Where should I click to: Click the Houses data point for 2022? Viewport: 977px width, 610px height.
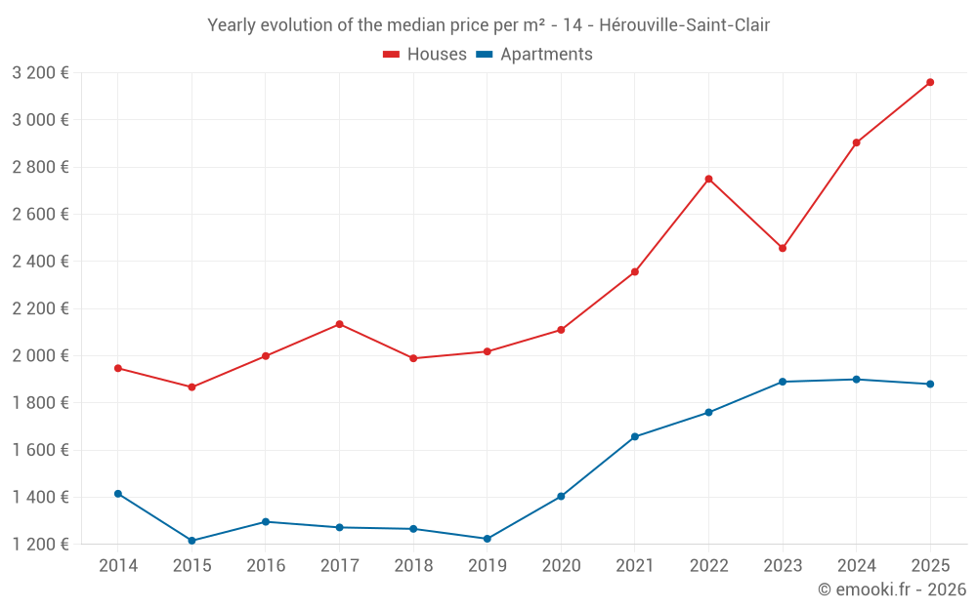[x=708, y=179]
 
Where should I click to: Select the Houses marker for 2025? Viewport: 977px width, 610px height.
[x=930, y=82]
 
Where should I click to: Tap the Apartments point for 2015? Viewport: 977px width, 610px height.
[x=191, y=541]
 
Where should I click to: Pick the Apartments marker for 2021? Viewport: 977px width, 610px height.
[x=635, y=436]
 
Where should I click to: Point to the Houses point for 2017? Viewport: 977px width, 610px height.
[x=339, y=324]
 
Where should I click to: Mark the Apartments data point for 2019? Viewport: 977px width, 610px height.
[x=487, y=539]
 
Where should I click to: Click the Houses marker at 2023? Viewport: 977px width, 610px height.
[x=783, y=248]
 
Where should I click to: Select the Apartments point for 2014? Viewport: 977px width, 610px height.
[x=118, y=494]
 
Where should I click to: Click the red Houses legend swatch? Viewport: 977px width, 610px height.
[x=392, y=55]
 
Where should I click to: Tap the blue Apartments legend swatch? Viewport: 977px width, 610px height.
[x=484, y=55]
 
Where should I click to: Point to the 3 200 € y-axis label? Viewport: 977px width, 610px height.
[x=40, y=72]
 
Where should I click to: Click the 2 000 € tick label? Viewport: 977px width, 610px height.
[x=40, y=355]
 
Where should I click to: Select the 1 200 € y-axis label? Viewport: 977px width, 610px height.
[x=40, y=544]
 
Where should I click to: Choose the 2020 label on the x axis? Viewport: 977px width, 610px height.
[x=561, y=565]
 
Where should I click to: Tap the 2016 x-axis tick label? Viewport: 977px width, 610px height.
[x=266, y=565]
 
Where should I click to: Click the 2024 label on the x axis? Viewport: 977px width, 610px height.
[x=856, y=565]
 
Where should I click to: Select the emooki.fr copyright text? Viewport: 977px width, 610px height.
[x=892, y=590]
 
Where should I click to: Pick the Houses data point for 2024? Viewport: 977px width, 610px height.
[x=856, y=142]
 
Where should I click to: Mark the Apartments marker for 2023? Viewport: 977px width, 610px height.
[x=783, y=382]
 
